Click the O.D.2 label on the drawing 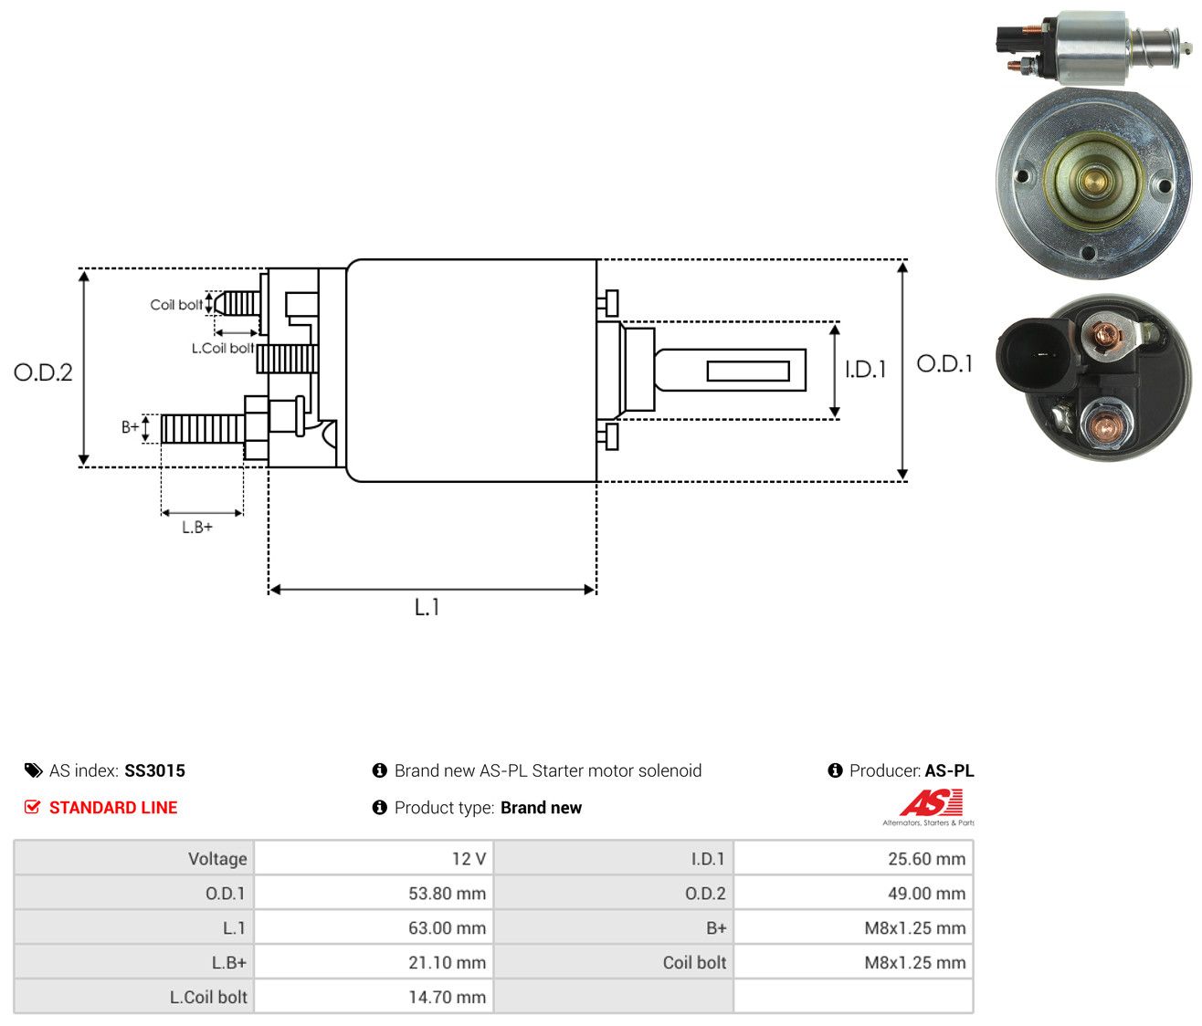[43, 372]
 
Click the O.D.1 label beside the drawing [944, 364]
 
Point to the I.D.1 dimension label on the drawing [865, 369]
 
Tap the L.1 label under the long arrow [427, 607]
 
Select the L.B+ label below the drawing [197, 528]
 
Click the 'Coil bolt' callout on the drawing [176, 305]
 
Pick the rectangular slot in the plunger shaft [748, 371]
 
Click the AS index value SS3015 [154, 770]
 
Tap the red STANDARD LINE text [113, 808]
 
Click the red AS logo [931, 802]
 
